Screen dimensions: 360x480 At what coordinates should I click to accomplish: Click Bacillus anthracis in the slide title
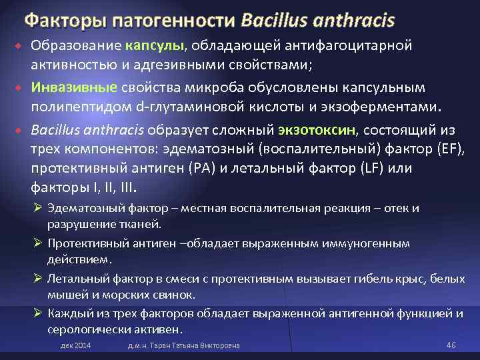pos(318,21)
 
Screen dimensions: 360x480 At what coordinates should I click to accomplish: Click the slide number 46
pos(450,345)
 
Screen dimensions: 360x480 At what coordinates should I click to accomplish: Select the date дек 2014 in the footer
pos(75,345)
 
